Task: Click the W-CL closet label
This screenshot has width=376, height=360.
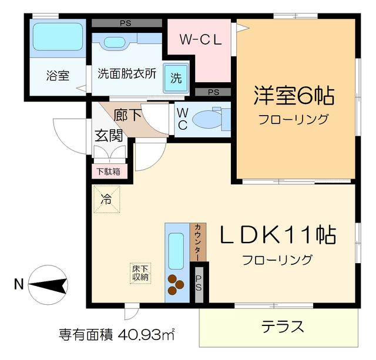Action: click(200, 41)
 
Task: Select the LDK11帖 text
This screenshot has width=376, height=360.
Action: click(278, 236)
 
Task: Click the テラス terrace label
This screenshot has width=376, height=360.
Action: click(283, 326)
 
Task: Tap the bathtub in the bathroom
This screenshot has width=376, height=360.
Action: click(57, 36)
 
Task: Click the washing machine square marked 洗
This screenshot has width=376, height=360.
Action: click(176, 77)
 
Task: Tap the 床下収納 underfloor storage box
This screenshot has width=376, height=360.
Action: click(139, 272)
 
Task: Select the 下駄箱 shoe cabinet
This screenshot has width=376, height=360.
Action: click(108, 171)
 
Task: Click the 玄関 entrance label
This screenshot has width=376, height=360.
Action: click(109, 136)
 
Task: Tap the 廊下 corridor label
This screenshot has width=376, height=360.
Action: click(128, 115)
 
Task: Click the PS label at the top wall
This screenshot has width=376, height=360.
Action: click(126, 23)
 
